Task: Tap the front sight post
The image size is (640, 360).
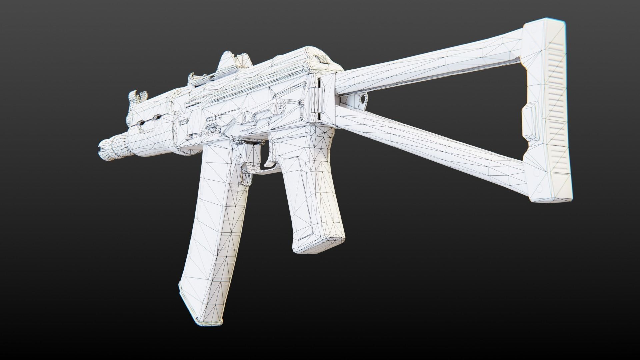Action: (x=135, y=97)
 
